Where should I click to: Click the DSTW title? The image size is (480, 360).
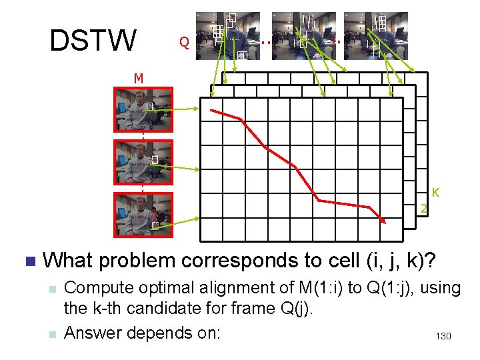(93, 40)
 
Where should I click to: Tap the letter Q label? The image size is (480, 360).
(184, 43)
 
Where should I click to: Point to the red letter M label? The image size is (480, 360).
(138, 78)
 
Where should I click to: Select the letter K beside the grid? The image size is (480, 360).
(435, 193)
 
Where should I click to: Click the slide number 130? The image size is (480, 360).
(443, 336)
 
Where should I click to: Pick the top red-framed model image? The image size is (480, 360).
(143, 108)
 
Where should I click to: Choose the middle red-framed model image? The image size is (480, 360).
(143, 161)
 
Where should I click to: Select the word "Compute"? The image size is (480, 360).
(96, 288)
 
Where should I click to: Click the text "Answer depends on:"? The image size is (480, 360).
(141, 331)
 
